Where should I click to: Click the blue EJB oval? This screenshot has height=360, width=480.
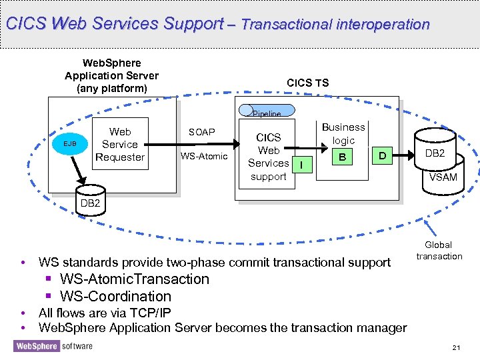tap(70, 143)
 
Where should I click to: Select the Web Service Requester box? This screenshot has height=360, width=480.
tap(120, 143)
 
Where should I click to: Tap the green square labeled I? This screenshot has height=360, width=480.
tap(302, 165)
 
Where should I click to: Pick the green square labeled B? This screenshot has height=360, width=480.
tap(342, 157)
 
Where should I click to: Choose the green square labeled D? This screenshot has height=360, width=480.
tap(382, 155)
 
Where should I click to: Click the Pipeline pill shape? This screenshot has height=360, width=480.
tap(267, 111)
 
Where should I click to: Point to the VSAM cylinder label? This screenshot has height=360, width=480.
tap(443, 177)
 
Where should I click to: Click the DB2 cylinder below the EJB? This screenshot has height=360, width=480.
tap(90, 201)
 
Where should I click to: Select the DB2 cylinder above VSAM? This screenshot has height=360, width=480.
tap(435, 149)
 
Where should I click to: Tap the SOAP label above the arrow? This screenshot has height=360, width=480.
tap(202, 132)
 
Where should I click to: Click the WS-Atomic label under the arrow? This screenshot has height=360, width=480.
tap(204, 156)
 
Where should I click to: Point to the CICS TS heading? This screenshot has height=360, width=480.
tap(307, 83)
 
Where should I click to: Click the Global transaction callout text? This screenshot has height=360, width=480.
tap(439, 251)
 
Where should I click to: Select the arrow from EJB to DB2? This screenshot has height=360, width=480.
tap(79, 171)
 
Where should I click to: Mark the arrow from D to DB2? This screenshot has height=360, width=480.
tap(403, 155)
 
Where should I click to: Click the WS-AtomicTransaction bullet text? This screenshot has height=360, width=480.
tap(135, 279)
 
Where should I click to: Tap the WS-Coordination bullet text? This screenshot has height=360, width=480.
tap(115, 296)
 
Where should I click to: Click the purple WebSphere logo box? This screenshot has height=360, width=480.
tap(37, 346)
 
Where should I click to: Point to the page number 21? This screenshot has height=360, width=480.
tap(456, 347)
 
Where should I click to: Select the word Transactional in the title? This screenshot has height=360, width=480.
tap(287, 25)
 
